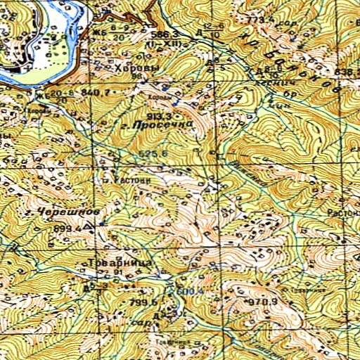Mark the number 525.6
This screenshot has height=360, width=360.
pos(153,154)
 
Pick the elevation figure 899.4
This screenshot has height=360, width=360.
pos(66,229)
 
